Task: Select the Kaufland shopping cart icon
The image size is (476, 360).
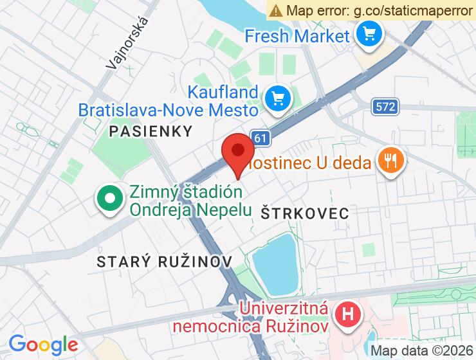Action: point(278,98)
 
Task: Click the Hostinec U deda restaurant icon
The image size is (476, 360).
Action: point(390,161)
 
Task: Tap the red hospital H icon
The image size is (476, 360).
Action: point(348,316)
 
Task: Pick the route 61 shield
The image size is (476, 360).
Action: point(259,138)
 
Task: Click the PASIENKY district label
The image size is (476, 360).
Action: point(151,131)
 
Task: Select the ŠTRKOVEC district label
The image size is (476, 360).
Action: point(305,213)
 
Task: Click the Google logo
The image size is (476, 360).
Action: point(42,344)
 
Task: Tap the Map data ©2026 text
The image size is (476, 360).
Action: point(422,350)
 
